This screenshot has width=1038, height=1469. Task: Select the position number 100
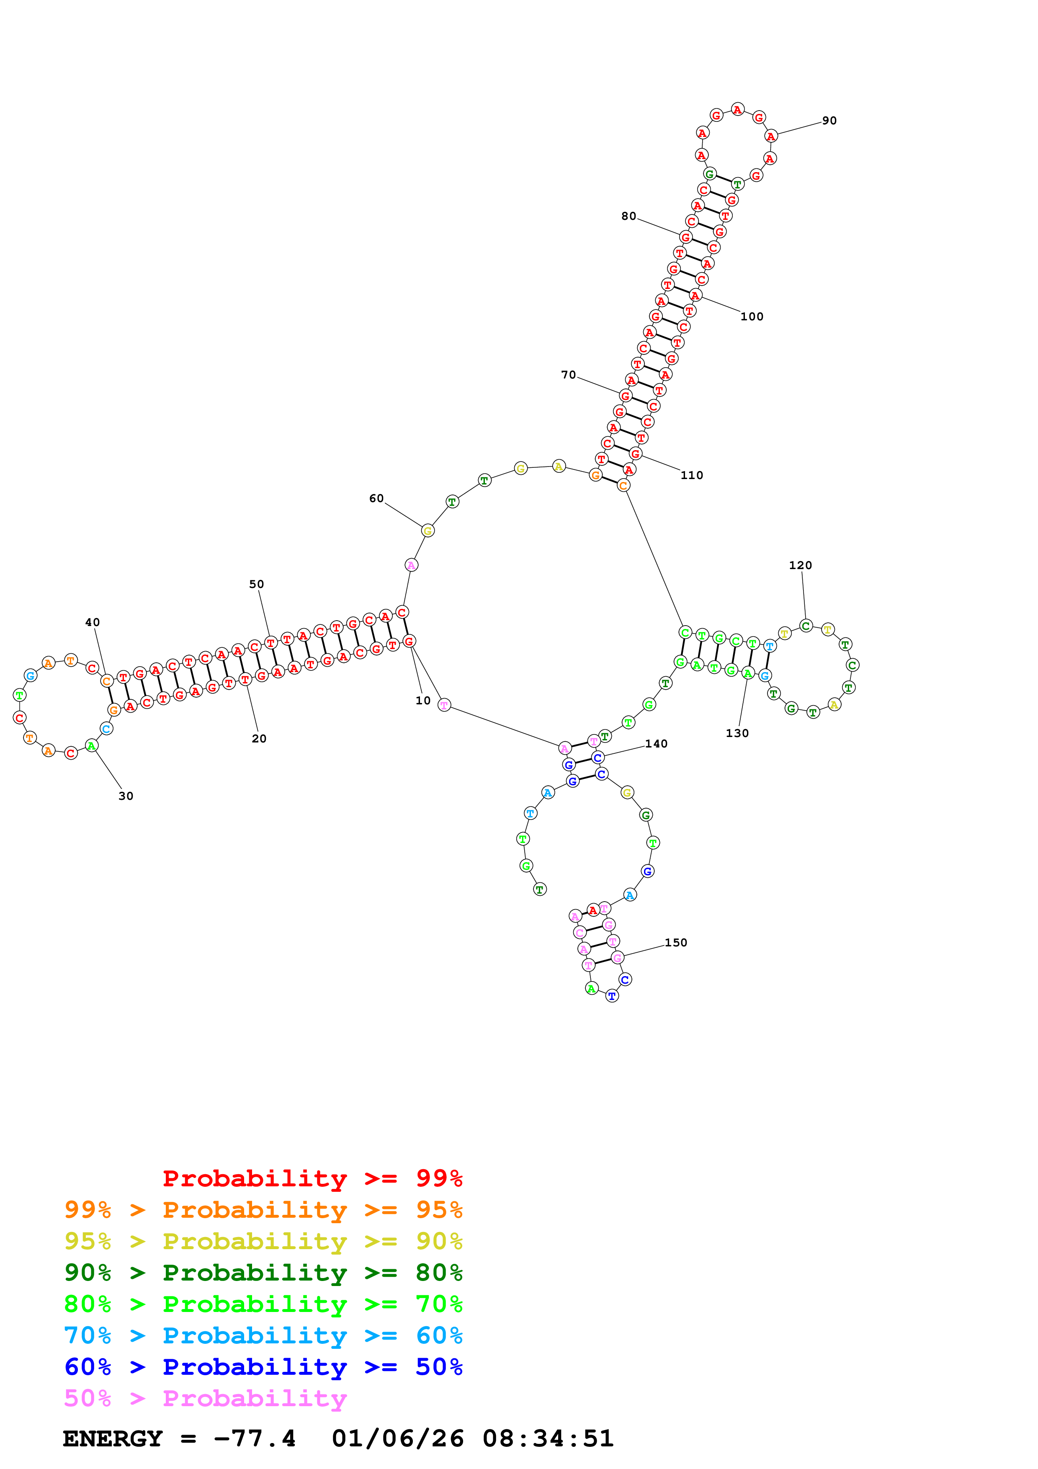[x=752, y=317]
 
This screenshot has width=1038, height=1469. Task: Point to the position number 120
[x=800, y=566]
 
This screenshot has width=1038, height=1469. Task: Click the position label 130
[x=737, y=733]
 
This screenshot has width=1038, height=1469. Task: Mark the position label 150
[x=675, y=943]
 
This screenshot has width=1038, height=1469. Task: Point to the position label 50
[x=256, y=584]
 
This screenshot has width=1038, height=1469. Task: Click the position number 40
[x=92, y=623]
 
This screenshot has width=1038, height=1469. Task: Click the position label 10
[x=423, y=701]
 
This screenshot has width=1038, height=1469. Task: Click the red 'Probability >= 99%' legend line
[x=313, y=1178]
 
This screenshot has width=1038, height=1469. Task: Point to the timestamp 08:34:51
[x=548, y=1439]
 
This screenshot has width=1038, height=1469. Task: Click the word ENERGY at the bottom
[x=113, y=1439]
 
